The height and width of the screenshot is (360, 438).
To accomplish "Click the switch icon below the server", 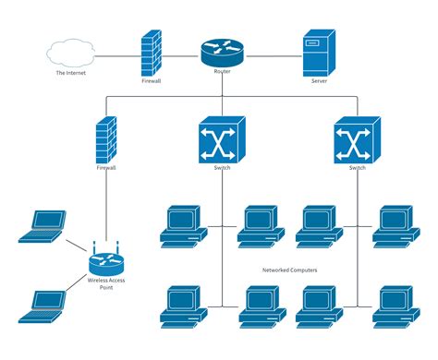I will [x=357, y=140].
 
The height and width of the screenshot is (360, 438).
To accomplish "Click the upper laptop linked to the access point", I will [x=43, y=227].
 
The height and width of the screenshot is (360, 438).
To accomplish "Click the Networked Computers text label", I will [x=289, y=270].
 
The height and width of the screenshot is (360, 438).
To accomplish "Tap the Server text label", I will [x=319, y=80].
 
